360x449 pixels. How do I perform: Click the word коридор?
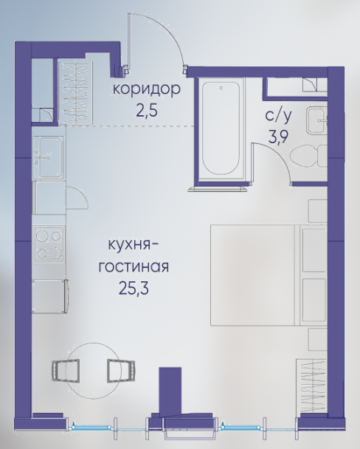pyautogui.click(x=147, y=90)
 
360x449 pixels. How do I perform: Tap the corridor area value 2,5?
pyautogui.click(x=147, y=111)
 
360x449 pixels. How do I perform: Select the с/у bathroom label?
pyautogui.click(x=279, y=115)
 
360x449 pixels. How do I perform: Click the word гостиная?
pyautogui.click(x=134, y=267)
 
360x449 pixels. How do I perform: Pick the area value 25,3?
pyautogui.click(x=134, y=289)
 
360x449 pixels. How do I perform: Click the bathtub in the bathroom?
pyautogui.click(x=221, y=128)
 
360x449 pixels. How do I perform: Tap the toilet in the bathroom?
pyautogui.click(x=308, y=156)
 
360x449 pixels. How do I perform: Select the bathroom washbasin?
pyautogui.click(x=316, y=120)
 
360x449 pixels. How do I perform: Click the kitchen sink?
pyautogui.click(x=48, y=157)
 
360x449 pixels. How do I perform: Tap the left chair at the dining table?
pyautogui.click(x=66, y=371)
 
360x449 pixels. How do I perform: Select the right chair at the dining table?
pyautogui.click(x=121, y=371)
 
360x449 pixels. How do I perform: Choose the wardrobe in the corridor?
pyautogui.click(x=75, y=92)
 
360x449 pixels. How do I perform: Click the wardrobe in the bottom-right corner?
pyautogui.click(x=311, y=385)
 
